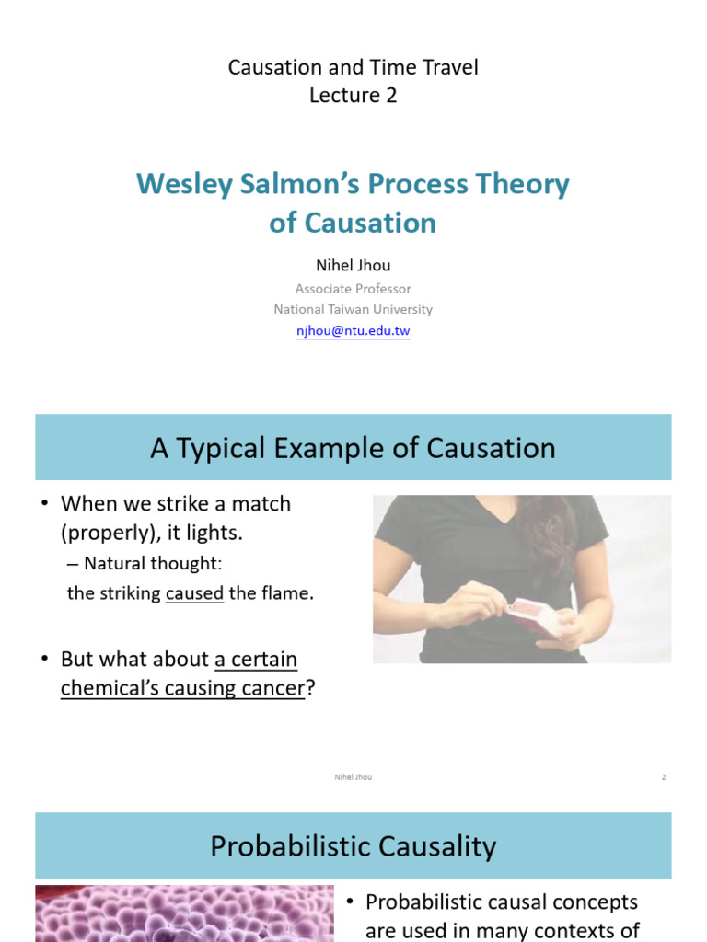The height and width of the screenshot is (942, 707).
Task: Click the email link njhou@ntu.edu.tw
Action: [353, 331]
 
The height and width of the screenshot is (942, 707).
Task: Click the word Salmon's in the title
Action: [300, 184]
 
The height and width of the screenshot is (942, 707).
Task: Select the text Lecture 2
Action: [353, 96]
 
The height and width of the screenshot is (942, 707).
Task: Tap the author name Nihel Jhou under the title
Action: [353, 265]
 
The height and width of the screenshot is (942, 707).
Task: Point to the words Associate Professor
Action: [353, 288]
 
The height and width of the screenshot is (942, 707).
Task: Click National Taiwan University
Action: [353, 309]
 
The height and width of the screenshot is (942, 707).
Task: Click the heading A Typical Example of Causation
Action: [353, 448]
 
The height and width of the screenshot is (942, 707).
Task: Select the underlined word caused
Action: [194, 593]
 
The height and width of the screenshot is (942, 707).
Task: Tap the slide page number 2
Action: [663, 777]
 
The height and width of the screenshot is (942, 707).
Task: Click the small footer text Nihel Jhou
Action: [353, 777]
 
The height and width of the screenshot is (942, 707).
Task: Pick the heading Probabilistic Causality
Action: [353, 846]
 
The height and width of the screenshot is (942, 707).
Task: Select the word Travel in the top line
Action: [446, 67]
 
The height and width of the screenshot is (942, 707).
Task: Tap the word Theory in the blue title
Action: [524, 184]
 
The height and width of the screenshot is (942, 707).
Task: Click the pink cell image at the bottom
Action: [184, 913]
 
